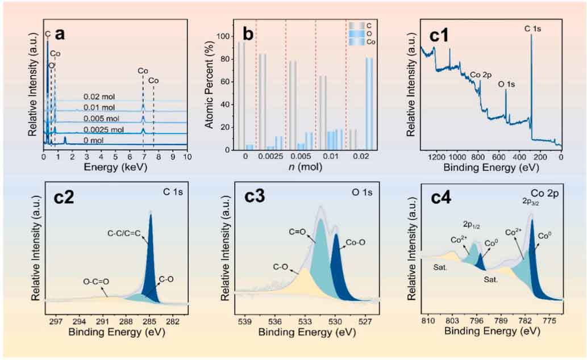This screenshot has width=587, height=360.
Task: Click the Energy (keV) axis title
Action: click(x=115, y=168)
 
